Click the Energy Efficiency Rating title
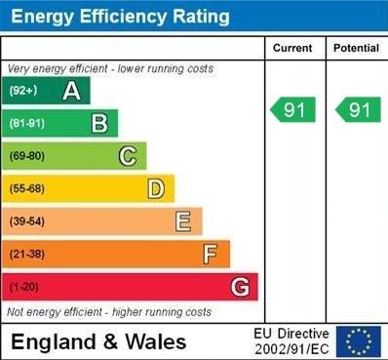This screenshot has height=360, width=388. point(119,17)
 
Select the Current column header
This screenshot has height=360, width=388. point(292,48)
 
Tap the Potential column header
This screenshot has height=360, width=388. point(356,48)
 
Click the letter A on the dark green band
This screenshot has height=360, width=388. point(71,91)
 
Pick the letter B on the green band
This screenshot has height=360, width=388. point(99,123)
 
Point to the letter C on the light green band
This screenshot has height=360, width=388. point(128,156)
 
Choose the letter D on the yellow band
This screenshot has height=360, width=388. point(156,188)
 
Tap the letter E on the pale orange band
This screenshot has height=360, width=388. point(183,221)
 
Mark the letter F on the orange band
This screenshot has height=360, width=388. point(211,254)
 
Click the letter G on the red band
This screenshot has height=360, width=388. point(240,287)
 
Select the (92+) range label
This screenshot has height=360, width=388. point(23,92)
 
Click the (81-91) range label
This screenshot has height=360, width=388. point(27,124)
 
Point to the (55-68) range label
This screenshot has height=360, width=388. point(27,189)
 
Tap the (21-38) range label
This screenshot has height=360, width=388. point(27,255)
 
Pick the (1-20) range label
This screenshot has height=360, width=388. point(24,288)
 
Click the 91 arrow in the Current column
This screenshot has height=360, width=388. point(293,110)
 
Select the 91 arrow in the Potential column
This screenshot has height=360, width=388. point(358,110)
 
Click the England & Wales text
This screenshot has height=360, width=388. point(98,341)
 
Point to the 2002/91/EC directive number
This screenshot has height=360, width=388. point(292,348)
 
